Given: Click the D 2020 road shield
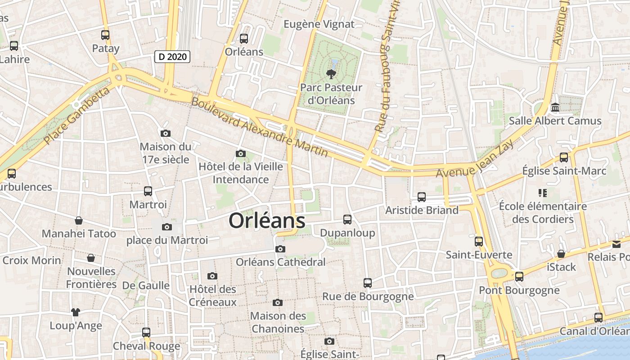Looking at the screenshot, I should click(x=172, y=57).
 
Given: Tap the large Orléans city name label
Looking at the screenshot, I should click(x=267, y=220).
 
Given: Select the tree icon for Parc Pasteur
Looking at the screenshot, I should click(x=332, y=74).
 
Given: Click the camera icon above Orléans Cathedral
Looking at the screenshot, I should click(x=280, y=249).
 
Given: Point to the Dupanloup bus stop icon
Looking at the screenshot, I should click(x=347, y=220).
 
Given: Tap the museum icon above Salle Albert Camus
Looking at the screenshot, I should click(x=555, y=108).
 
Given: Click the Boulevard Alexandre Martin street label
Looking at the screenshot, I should click(x=260, y=126).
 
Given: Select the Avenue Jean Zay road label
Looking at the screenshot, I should click(x=475, y=160).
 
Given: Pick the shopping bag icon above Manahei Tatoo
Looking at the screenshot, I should click(x=79, y=220).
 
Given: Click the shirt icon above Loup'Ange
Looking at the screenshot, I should click(x=75, y=312).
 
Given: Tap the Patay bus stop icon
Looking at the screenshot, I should click(x=105, y=35).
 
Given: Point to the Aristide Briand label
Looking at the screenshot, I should click(x=422, y=210).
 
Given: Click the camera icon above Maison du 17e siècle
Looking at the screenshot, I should click(x=166, y=133).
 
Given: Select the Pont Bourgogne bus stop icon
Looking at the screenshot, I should click(x=519, y=277).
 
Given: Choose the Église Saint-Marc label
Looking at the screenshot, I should click(x=564, y=171).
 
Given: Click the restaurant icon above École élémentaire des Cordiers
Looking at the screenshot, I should click(x=543, y=193).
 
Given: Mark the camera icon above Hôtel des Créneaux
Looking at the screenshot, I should click(x=212, y=276).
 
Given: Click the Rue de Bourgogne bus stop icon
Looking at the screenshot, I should click(x=368, y=283).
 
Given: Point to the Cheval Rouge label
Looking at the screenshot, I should click(x=146, y=346).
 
